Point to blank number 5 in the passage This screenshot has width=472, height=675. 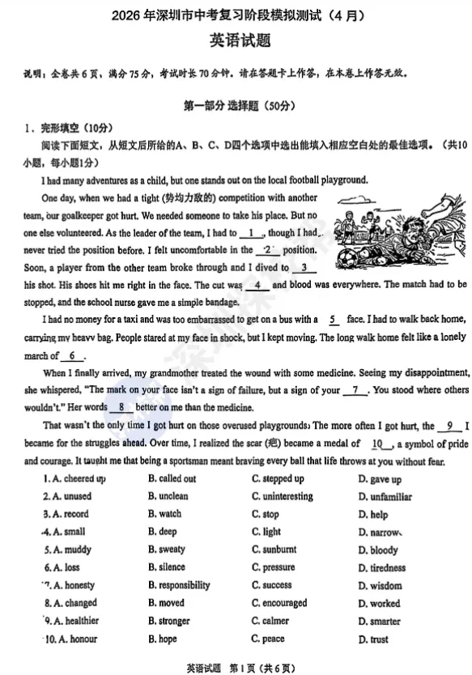point(335,320)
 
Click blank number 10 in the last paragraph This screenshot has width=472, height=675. point(377,444)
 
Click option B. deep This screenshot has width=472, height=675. point(162,532)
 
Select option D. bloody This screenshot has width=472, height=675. point(378,550)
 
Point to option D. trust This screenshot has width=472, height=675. point(373,639)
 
